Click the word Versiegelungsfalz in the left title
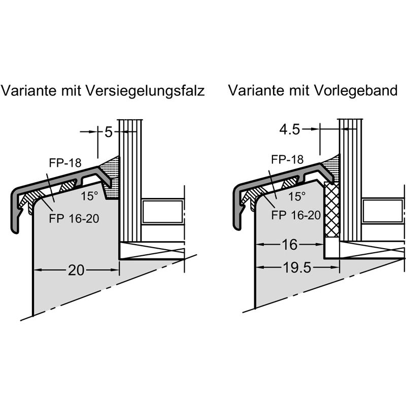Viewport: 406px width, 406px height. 146,91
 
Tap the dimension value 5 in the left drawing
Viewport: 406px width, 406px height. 108,132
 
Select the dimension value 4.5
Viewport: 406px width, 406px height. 290,129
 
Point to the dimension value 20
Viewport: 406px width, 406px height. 76,270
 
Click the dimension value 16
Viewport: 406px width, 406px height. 289,245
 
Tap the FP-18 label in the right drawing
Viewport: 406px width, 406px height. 287,159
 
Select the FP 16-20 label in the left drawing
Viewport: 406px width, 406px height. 74,219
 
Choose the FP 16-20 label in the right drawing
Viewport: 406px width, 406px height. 296,215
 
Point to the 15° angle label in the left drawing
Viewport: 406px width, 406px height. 89,195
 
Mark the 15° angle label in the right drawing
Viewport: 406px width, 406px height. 297,195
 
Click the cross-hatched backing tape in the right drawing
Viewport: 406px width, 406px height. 332,209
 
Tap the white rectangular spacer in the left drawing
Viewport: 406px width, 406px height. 162,212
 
